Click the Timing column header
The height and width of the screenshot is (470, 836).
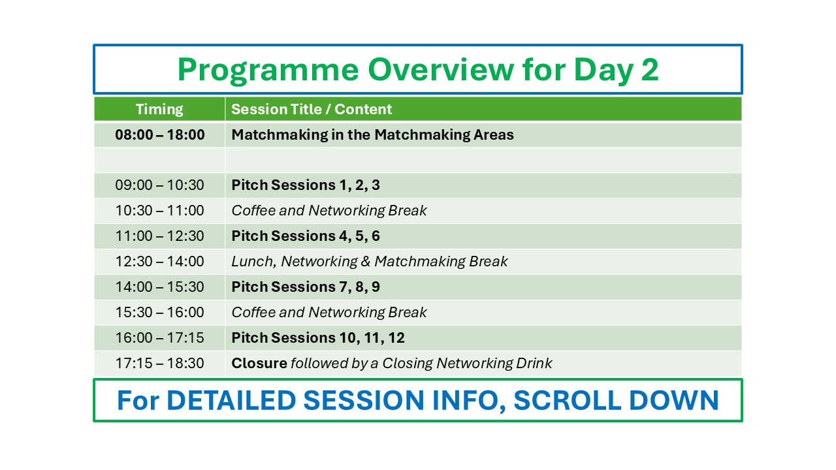[x=159, y=109]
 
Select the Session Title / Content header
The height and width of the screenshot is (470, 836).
[x=312, y=109]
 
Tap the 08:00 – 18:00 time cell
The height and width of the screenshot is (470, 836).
[x=160, y=134]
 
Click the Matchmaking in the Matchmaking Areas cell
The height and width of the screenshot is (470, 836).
[x=372, y=134]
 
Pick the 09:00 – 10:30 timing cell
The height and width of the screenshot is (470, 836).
[x=160, y=185]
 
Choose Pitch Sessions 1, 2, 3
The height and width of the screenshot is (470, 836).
[x=306, y=185]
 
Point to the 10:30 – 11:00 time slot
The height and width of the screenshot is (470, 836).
[x=160, y=210]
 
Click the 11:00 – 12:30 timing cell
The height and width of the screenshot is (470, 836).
[x=160, y=236]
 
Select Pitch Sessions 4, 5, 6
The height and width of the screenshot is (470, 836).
[x=306, y=236]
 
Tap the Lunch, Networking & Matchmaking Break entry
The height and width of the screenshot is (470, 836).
[x=370, y=262]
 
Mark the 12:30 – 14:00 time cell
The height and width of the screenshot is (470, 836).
[x=160, y=262]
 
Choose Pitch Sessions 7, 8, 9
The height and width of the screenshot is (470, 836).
[x=306, y=287]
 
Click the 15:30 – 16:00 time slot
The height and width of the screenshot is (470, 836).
[x=160, y=312]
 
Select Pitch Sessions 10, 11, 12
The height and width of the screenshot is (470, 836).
[x=318, y=337]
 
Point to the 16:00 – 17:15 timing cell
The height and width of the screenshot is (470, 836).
[x=160, y=337]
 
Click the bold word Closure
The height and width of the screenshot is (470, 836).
[x=259, y=364]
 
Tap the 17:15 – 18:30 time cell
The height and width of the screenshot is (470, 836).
[x=160, y=364]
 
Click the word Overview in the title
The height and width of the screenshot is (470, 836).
[x=441, y=69]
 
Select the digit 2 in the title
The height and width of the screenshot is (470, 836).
[x=650, y=69]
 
